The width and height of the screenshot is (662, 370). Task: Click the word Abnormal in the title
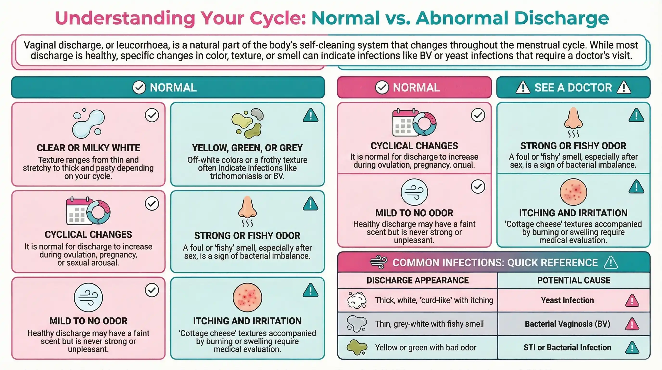click(462, 18)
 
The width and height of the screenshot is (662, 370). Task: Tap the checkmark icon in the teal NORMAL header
click(139, 87)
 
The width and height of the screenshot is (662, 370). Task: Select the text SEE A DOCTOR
click(573, 88)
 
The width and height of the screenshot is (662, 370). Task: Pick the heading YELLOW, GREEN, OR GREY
click(247, 148)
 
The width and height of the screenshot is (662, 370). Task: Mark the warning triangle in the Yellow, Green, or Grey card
click(311, 115)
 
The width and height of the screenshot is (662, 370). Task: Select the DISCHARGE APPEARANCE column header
click(418, 280)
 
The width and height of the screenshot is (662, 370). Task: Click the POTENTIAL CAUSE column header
click(573, 280)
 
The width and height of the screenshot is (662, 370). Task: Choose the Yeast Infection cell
click(567, 300)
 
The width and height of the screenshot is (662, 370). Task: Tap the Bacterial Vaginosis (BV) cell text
click(567, 324)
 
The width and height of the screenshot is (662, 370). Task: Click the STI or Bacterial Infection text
click(567, 348)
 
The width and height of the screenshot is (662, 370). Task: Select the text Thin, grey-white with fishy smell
click(429, 324)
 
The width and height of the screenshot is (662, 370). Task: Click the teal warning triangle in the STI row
click(632, 348)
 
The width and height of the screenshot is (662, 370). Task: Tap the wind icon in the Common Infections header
click(379, 263)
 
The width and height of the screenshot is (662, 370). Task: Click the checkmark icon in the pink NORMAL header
click(382, 87)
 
